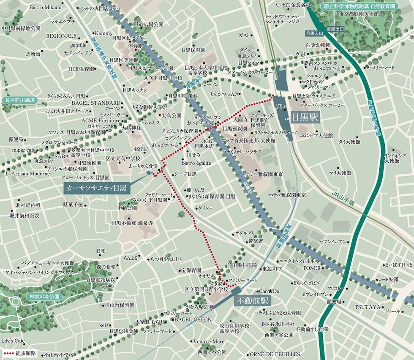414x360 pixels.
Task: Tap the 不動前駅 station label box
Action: [x=252, y=301]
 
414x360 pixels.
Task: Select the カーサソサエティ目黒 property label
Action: [x=97, y=188]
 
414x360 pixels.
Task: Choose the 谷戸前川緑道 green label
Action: [x=19, y=100]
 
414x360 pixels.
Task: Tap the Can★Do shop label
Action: [x=269, y=291]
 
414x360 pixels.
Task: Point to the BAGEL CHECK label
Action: [x=193, y=319]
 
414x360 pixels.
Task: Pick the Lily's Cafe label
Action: [x=13, y=341]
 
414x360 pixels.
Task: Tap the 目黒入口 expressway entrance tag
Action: [x=314, y=33]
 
